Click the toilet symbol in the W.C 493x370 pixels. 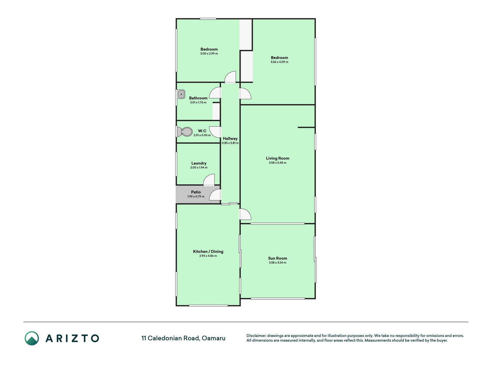(184, 132)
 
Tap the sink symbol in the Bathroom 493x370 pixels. (181, 94)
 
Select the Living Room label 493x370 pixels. (278, 158)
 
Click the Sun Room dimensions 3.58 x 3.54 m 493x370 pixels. (278, 263)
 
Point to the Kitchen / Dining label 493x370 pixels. (208, 251)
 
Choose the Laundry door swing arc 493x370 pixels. (209, 180)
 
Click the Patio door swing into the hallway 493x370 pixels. (215, 195)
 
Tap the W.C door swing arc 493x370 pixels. (215, 132)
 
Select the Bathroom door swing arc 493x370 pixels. (215, 93)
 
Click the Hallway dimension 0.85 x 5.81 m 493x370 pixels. (230, 143)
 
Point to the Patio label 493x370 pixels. (196, 192)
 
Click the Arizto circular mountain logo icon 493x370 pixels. (32, 338)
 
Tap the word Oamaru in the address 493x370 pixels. (213, 338)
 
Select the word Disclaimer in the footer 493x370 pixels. (256, 336)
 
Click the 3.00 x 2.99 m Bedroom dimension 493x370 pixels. (209, 53)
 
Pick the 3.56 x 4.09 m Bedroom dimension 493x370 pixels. (279, 62)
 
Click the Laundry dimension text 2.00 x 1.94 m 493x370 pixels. (199, 168)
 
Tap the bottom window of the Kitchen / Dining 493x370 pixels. (208, 306)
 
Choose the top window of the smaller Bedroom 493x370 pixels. (208, 19)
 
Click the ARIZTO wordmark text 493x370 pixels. (72, 338)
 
